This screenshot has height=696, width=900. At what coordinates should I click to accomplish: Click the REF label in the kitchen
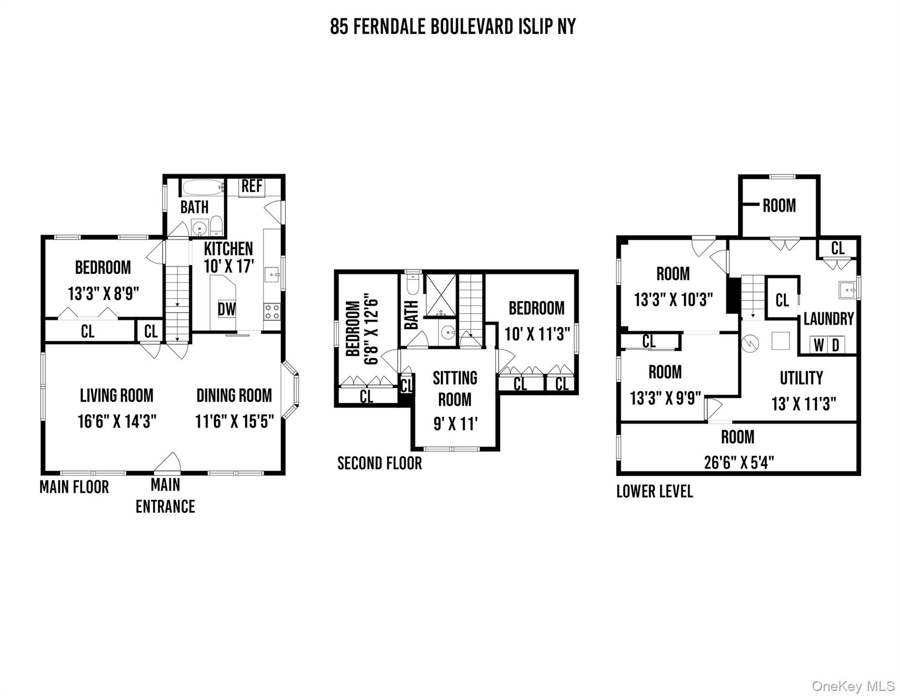(x=252, y=186)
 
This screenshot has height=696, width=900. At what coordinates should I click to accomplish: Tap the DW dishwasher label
(x=226, y=309)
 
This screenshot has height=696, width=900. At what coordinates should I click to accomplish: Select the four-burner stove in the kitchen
(x=272, y=312)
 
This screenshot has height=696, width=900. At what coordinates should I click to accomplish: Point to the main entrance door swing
(x=168, y=462)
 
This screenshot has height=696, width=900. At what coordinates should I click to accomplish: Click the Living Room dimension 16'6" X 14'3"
(x=117, y=421)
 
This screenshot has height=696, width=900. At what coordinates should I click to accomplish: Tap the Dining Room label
(x=234, y=395)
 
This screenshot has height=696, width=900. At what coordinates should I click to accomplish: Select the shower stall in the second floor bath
(x=441, y=295)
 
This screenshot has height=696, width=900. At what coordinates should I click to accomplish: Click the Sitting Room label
(x=455, y=388)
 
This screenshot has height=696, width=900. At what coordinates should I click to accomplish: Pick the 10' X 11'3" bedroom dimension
(x=537, y=334)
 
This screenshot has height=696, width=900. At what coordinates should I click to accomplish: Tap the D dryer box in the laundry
(x=836, y=345)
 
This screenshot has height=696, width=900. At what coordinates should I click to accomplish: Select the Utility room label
(x=801, y=378)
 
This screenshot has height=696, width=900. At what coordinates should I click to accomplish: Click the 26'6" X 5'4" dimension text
(x=739, y=463)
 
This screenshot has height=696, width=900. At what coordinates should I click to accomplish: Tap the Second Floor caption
(x=379, y=463)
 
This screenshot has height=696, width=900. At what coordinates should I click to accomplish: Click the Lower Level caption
(x=655, y=491)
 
